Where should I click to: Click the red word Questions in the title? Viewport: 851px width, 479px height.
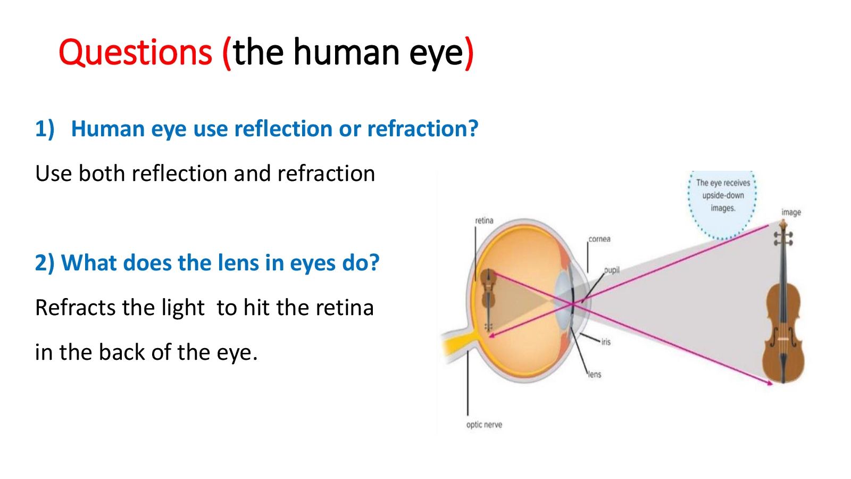pyautogui.click(x=135, y=53)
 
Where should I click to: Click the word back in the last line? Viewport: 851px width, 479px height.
pyautogui.click(x=122, y=352)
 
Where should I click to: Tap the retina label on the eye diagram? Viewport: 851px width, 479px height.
pyautogui.click(x=484, y=220)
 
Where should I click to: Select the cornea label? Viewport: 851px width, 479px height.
pyautogui.click(x=599, y=239)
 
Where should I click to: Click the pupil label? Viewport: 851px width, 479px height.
pyautogui.click(x=612, y=270)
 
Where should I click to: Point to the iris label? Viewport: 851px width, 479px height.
pyautogui.click(x=606, y=342)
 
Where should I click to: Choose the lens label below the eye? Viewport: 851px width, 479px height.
pyautogui.click(x=595, y=375)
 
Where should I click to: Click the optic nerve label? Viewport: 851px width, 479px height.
pyautogui.click(x=484, y=425)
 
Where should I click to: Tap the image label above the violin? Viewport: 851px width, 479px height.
pyautogui.click(x=791, y=212)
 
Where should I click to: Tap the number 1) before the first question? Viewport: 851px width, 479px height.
pyautogui.click(x=45, y=128)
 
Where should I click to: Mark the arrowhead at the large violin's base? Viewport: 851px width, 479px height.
pyautogui.click(x=770, y=383)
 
